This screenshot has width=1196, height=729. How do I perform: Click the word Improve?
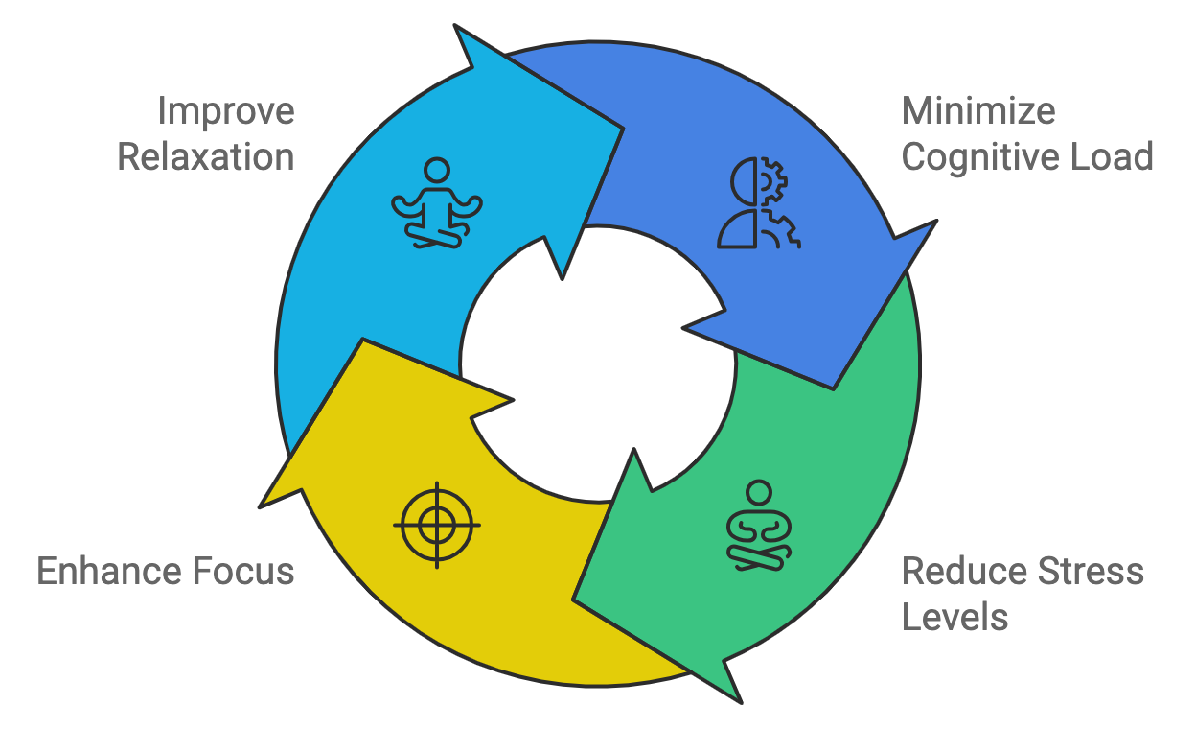[x=226, y=112]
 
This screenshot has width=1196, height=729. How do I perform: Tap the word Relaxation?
[x=205, y=157]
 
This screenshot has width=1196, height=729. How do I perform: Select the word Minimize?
[x=978, y=112]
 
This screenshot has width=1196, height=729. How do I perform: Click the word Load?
[x=1112, y=157]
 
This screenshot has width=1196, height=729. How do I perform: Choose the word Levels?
[x=955, y=617]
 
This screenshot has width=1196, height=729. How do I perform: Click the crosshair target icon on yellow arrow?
[x=437, y=525]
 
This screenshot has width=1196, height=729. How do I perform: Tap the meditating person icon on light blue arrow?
[x=437, y=203]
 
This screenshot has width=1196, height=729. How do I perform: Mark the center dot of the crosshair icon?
[x=437, y=525]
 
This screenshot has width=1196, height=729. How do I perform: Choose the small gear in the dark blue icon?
[x=773, y=178]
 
